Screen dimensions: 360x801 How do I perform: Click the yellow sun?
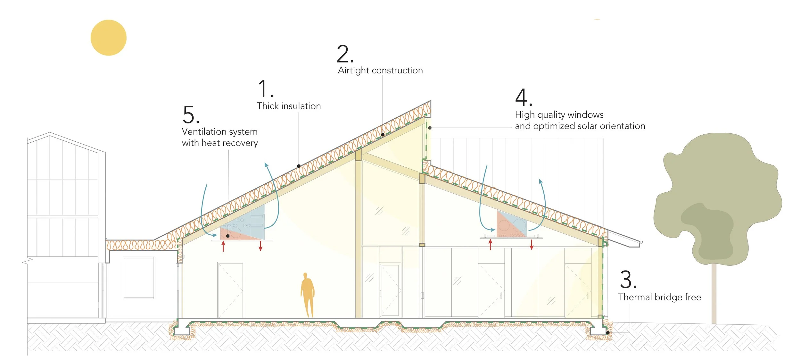(108, 38)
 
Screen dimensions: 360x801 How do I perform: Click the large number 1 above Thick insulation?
(263, 89)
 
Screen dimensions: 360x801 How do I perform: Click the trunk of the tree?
(714, 293)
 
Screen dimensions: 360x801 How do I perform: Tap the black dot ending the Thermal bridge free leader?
(607, 333)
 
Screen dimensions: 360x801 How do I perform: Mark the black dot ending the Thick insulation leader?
(299, 166)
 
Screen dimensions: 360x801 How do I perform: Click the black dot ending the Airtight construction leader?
(383, 135)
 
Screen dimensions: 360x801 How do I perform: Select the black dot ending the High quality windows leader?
(430, 128)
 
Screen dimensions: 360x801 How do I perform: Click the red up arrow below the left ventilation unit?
(223, 246)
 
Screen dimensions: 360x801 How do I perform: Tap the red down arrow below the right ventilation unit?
(532, 245)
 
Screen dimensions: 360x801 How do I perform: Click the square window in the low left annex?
(139, 278)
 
